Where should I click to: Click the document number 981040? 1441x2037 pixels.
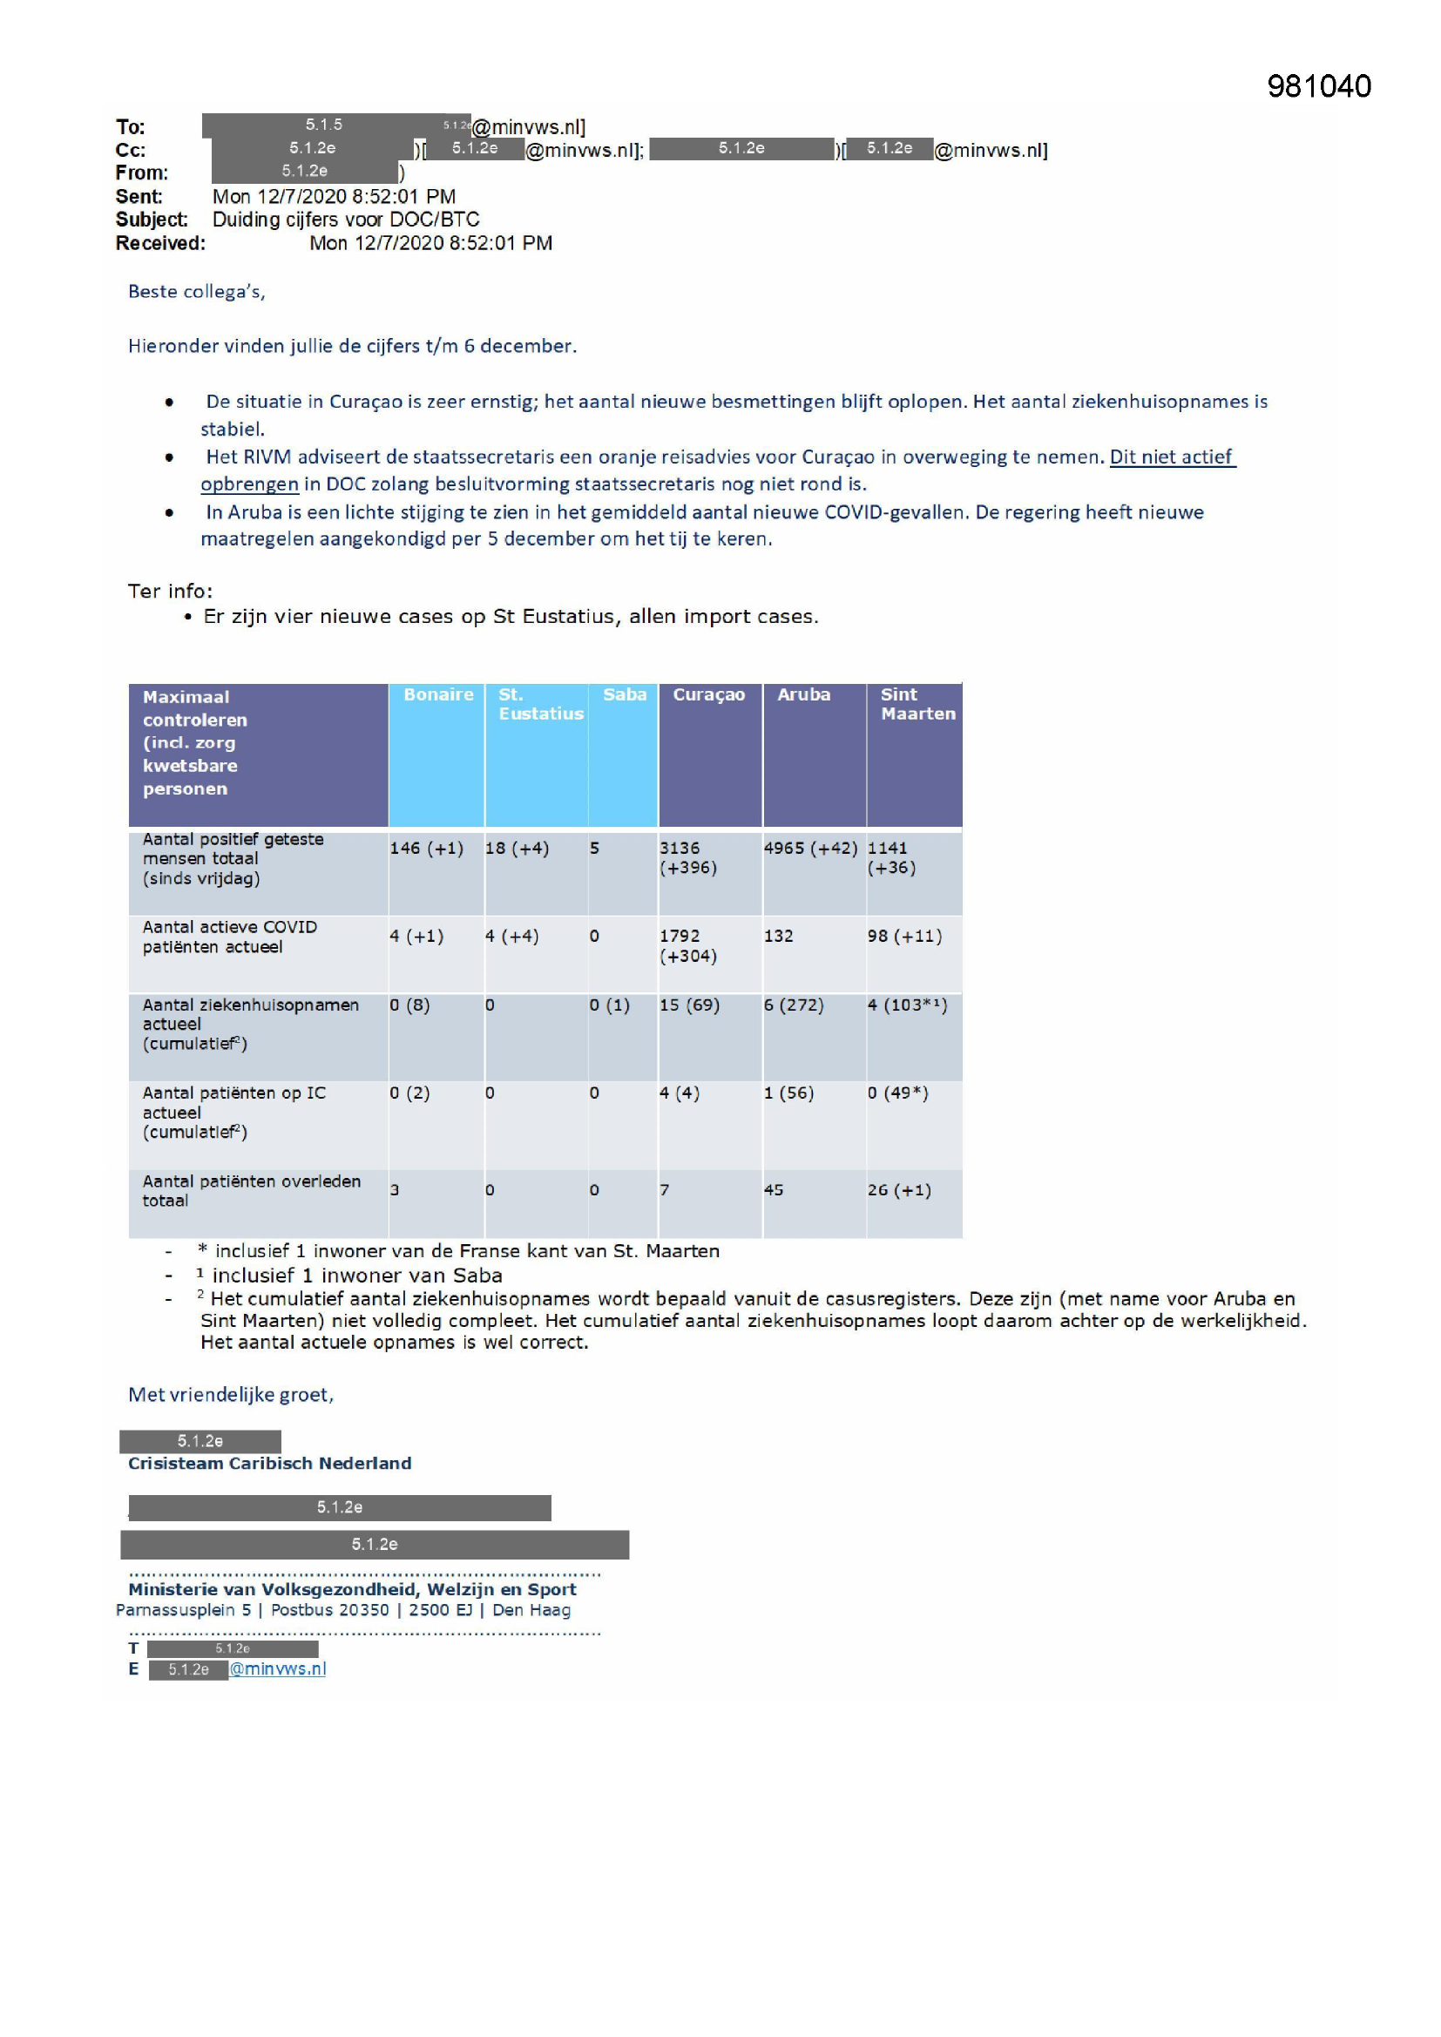point(1318,86)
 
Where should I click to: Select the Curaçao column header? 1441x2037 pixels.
point(708,694)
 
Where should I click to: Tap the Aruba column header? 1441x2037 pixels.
point(804,694)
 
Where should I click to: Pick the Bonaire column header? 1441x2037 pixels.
point(438,694)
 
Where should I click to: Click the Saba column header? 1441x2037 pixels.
point(625,694)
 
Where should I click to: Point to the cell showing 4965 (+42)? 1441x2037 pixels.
point(810,848)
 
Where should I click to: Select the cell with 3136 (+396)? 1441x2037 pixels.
point(687,858)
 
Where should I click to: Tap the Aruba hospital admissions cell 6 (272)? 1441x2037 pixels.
point(794,1005)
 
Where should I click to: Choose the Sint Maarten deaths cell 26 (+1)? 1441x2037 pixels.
point(899,1191)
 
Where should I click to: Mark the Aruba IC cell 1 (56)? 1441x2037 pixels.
point(788,1093)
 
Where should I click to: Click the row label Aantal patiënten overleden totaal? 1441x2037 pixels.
point(251,1191)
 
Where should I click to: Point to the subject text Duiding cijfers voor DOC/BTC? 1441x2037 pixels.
point(346,220)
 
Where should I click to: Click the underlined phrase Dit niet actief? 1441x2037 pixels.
point(1171,457)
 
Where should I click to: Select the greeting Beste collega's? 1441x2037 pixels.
point(196,292)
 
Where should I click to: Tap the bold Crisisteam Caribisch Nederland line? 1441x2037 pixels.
point(270,1464)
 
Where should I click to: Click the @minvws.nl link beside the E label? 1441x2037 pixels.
point(278,1668)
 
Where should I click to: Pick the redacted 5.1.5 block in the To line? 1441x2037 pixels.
point(324,125)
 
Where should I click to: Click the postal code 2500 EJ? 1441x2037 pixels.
point(440,1610)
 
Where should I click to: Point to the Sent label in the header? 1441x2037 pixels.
point(139,197)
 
